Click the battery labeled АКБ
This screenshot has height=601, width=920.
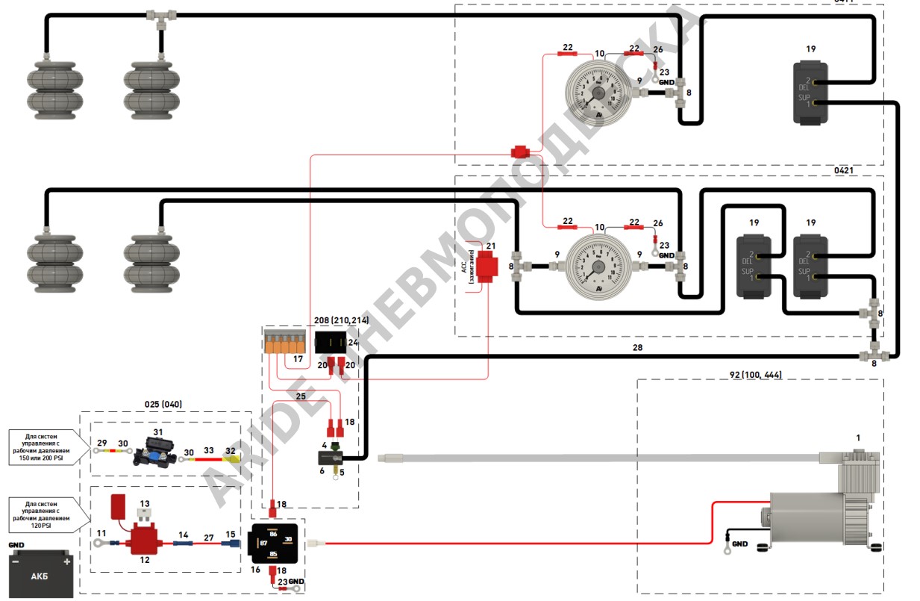point(41,573)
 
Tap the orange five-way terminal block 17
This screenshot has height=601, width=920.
point(286,343)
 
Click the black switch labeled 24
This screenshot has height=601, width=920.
point(331,343)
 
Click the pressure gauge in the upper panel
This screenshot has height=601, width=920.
point(598,93)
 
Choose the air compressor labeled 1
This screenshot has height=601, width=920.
point(821,508)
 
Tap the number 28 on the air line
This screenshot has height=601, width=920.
point(636,348)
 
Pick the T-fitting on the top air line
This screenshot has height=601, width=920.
point(160,15)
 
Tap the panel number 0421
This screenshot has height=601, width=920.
point(844,170)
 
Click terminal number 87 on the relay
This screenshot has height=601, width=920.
point(263,543)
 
